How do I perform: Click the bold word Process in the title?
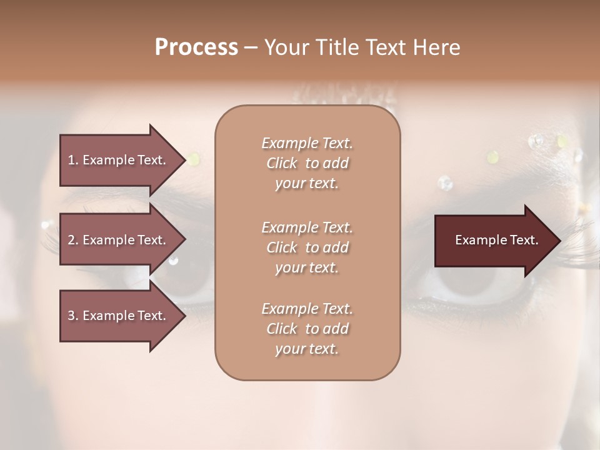[x=196, y=47]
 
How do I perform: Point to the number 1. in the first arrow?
[x=73, y=160]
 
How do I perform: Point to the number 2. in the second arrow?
[x=73, y=240]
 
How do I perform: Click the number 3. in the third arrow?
[x=73, y=316]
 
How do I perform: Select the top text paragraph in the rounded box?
[x=307, y=163]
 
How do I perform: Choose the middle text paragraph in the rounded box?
[x=307, y=247]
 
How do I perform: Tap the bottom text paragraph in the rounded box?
[x=307, y=329]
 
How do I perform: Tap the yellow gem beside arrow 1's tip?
[x=194, y=159]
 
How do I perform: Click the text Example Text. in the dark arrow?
[x=496, y=241]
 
